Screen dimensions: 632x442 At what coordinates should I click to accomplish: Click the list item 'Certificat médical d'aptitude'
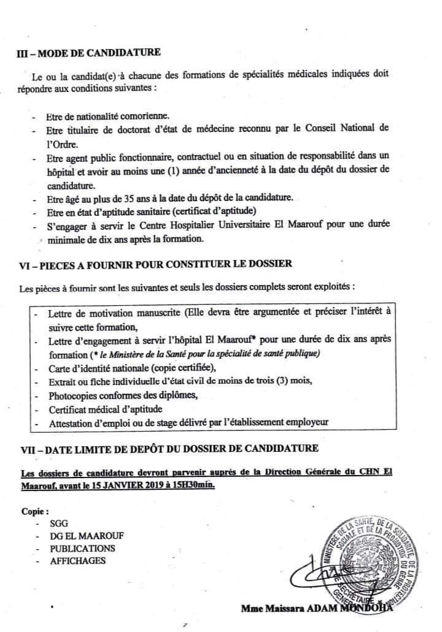coord(102,408)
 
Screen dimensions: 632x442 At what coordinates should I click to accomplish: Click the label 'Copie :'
coord(34,511)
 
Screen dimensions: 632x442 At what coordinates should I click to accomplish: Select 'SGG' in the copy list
coord(60,524)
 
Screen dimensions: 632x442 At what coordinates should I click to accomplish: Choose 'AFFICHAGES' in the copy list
coord(79,560)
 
